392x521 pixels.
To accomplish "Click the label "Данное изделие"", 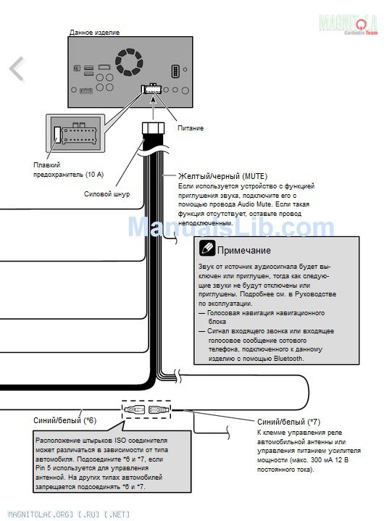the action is click(94, 33).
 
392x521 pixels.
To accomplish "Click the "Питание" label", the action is click(191, 128).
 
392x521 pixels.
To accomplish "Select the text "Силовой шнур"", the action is click(107, 194).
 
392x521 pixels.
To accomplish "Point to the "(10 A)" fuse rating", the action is click(94, 174).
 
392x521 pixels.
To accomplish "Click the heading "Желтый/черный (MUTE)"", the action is click(222, 176).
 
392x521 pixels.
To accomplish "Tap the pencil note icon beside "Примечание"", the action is click(207, 248).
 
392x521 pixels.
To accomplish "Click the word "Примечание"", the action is click(244, 250).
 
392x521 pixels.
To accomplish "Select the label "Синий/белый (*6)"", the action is click(64, 421).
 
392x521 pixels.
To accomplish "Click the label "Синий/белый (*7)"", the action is click(288, 422).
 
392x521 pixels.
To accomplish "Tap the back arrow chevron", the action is click(17, 69).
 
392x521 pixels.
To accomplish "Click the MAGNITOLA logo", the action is click(348, 24).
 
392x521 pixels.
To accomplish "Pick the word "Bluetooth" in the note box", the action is click(288, 359).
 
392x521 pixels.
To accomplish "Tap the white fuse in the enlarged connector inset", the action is click(57, 135).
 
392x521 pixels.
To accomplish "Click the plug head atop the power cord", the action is click(153, 128).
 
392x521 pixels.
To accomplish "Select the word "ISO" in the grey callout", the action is click(120, 441).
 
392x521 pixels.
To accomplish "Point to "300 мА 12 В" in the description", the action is click(330, 460).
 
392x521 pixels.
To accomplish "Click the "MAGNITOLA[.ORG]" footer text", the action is click(41, 514).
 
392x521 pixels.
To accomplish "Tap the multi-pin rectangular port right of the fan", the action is click(175, 71).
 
